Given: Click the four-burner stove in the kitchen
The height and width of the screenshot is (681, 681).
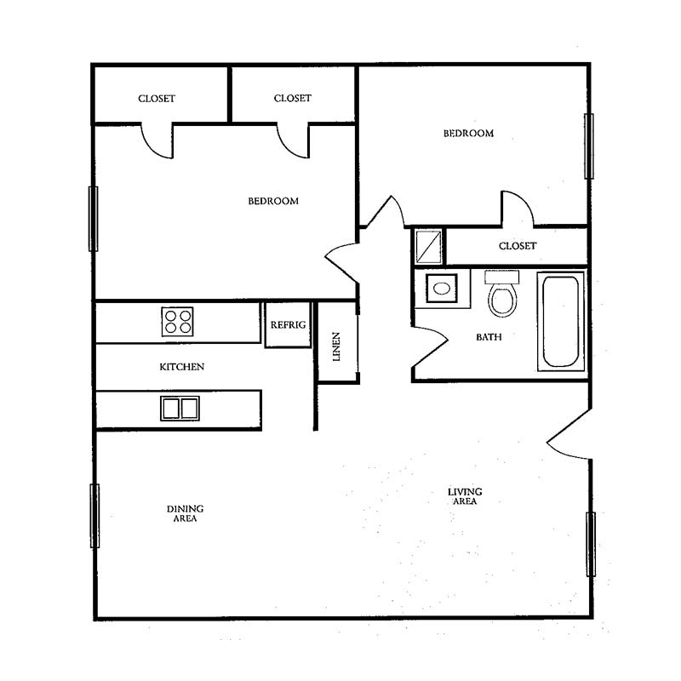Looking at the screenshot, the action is [x=177, y=322].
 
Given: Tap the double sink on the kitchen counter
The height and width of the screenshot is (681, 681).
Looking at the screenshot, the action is [x=180, y=409].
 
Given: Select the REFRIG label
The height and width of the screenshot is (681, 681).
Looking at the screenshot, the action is [x=288, y=325].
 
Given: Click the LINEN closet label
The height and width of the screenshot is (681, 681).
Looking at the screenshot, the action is [x=336, y=346].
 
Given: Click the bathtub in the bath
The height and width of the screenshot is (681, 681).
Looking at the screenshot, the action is [x=561, y=322].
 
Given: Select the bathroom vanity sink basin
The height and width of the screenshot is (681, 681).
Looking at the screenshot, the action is [x=442, y=289].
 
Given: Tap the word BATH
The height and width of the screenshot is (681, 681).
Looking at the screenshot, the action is [x=489, y=337].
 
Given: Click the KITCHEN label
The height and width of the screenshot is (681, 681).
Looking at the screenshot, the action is [x=181, y=367].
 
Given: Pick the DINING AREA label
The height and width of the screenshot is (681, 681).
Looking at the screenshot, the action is [x=185, y=513].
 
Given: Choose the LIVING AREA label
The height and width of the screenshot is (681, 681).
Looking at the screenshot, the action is [x=465, y=496].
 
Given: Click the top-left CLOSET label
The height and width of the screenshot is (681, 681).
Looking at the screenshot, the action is [x=157, y=99].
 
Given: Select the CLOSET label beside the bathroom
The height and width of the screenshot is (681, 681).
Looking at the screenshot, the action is [x=518, y=246].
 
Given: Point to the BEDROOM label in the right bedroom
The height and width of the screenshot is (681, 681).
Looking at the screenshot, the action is [x=468, y=134].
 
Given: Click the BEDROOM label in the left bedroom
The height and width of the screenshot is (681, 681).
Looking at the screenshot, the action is [x=273, y=201].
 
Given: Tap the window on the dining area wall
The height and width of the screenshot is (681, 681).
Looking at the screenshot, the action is [x=94, y=516].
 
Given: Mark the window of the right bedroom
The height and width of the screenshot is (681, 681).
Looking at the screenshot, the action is [x=589, y=146].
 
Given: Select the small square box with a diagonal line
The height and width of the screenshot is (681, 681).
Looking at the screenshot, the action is [x=429, y=247].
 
